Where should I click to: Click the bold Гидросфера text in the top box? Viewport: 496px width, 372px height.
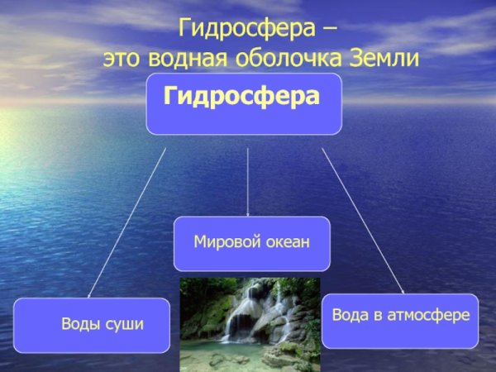241,97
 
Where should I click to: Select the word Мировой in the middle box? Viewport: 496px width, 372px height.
222,242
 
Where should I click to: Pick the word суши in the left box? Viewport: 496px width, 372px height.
122,323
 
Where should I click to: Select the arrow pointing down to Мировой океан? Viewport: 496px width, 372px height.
248,182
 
